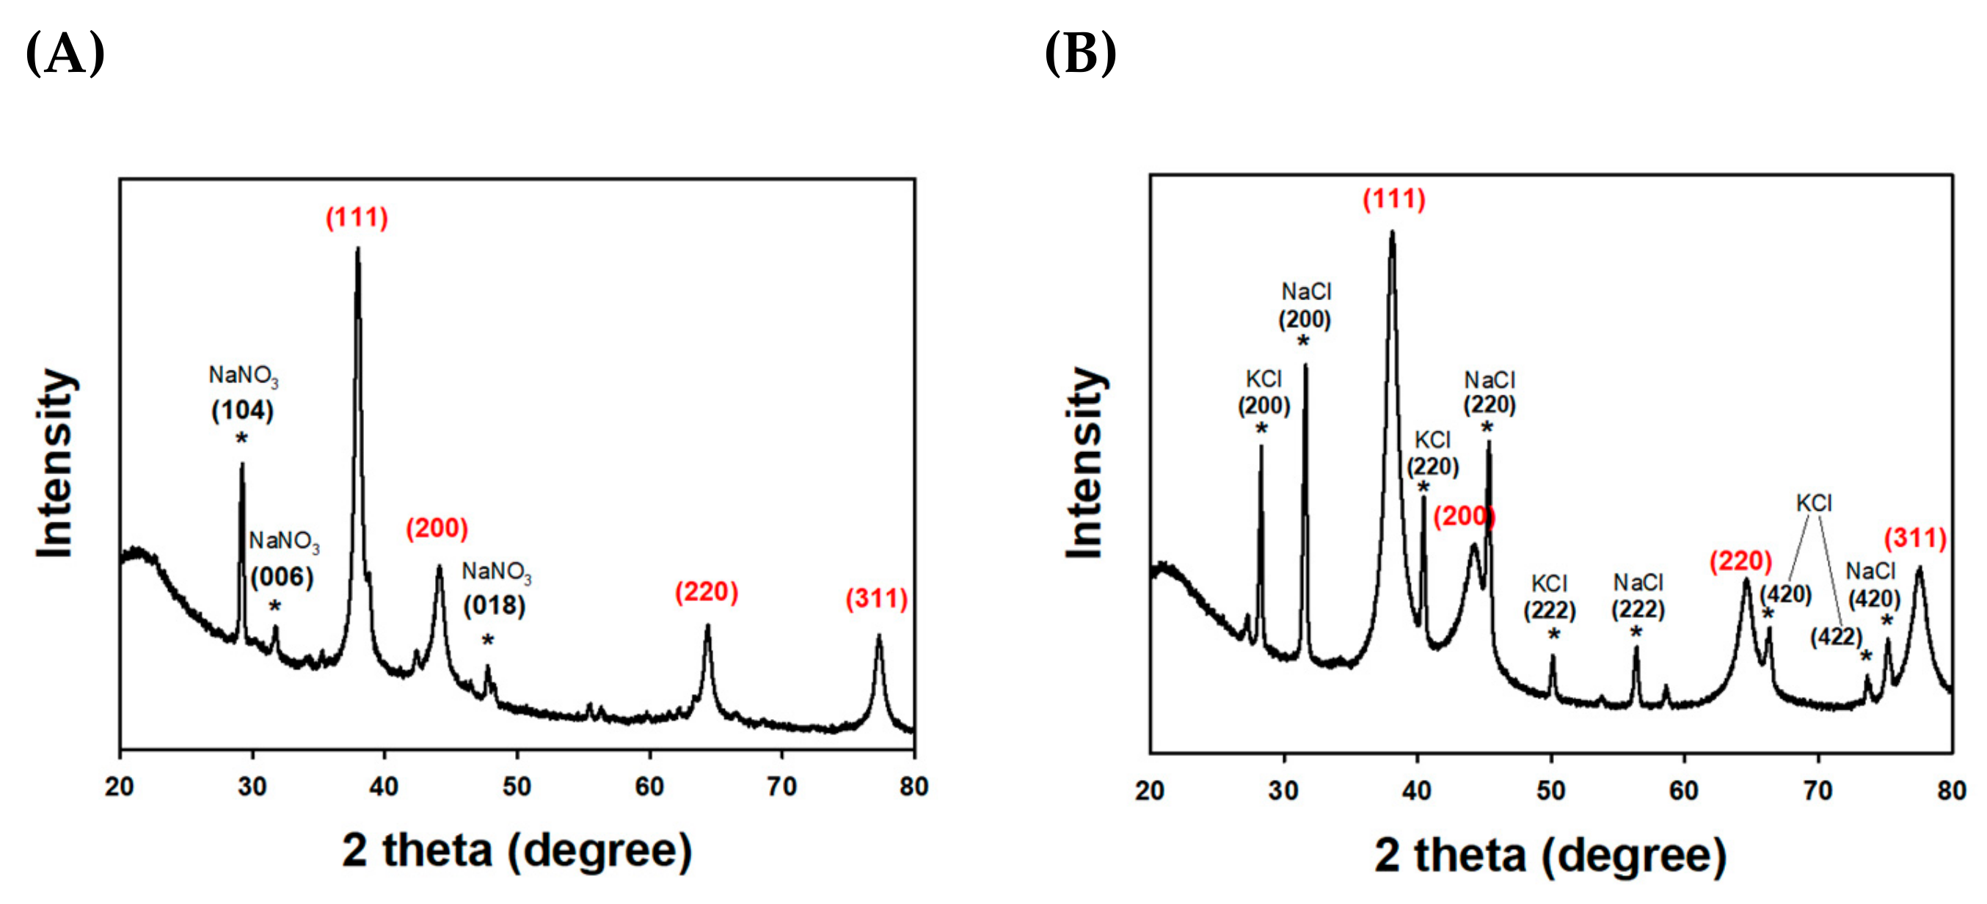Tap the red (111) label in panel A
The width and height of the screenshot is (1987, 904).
(x=357, y=217)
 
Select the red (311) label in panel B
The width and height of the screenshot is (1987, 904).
(x=1914, y=538)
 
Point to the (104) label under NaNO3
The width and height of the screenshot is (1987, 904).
(x=242, y=410)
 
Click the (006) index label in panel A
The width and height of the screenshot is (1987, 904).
(x=282, y=577)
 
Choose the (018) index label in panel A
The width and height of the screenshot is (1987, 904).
(x=494, y=605)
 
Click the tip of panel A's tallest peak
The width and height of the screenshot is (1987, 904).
(x=358, y=248)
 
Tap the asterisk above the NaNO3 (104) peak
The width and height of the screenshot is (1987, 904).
(x=241, y=440)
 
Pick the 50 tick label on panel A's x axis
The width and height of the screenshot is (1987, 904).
(x=517, y=787)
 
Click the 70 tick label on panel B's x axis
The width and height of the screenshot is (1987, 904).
(x=1818, y=790)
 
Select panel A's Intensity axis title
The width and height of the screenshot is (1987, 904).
(x=56, y=463)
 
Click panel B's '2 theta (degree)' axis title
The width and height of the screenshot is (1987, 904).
(x=1550, y=856)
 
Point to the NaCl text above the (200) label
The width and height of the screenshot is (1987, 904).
(x=1306, y=291)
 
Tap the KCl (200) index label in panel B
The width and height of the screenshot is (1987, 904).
(x=1264, y=406)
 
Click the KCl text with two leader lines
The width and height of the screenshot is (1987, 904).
(x=1813, y=503)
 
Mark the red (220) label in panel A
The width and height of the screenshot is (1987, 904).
(x=706, y=592)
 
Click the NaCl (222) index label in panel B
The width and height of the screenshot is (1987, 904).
(x=1638, y=609)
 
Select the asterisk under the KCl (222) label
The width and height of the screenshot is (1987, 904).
(x=1553, y=635)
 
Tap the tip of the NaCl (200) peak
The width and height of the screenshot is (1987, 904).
(x=1305, y=365)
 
